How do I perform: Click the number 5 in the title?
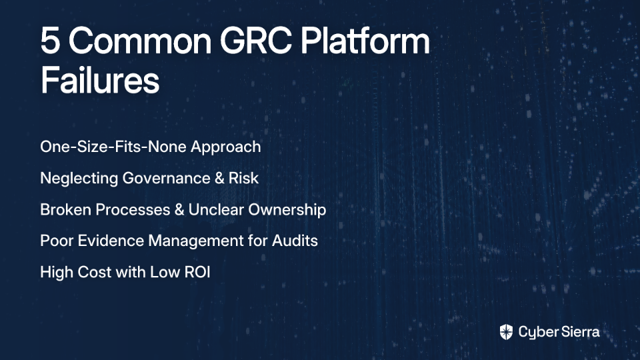coord(50,41)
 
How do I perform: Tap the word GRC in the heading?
coord(256,41)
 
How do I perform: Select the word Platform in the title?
coord(365,41)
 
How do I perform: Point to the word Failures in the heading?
coord(100,80)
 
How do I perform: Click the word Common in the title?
coord(140,41)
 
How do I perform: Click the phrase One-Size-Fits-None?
coord(113,147)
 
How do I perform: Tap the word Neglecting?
coord(79,179)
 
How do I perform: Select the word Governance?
coord(167,178)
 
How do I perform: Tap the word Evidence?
coord(111,241)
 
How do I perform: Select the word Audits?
coord(295,241)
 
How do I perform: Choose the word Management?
coord(196,241)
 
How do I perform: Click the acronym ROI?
coord(197,272)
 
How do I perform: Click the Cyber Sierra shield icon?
coord(506,332)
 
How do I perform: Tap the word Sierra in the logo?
coord(579,332)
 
